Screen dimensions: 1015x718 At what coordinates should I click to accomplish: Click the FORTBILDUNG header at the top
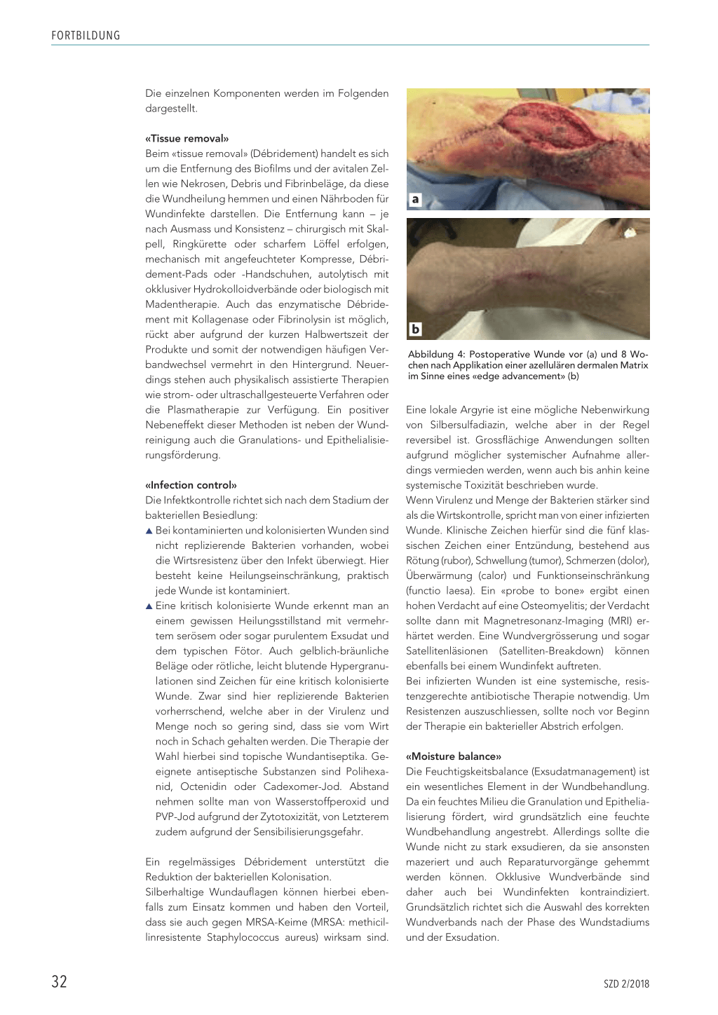[x=86, y=36]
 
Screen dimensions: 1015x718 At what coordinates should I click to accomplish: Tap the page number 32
[x=59, y=981]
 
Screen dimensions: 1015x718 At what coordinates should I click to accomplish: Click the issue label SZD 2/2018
[x=626, y=983]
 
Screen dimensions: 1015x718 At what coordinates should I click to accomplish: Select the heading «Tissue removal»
[x=187, y=139]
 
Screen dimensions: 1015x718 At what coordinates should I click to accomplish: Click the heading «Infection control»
[x=191, y=485]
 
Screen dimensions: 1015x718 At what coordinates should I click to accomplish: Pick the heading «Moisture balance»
[x=454, y=756]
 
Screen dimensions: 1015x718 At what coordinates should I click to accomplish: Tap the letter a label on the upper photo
[x=415, y=200]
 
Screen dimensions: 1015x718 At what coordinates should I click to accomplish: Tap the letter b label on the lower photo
[x=415, y=329]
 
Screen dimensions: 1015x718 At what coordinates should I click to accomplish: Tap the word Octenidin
[x=204, y=786]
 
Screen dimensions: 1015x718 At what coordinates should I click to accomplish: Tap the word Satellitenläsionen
[x=447, y=651]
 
